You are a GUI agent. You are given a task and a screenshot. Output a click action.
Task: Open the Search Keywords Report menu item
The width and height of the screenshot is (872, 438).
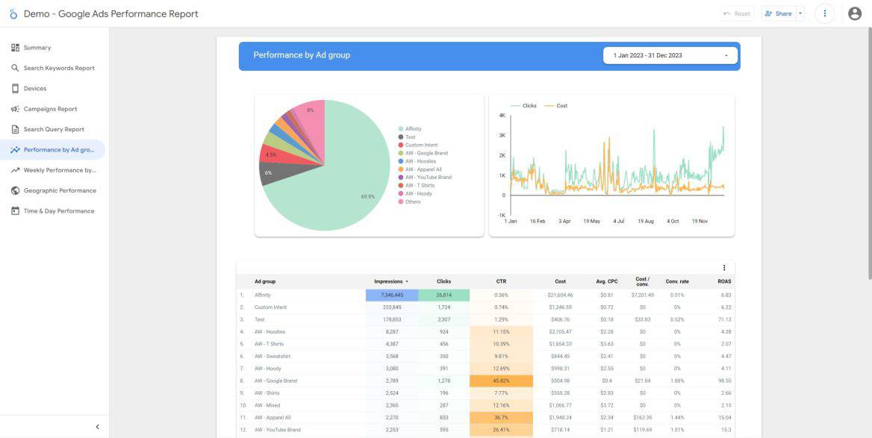coord(59,68)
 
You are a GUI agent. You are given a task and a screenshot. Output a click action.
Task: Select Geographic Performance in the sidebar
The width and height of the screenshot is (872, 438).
coord(60,190)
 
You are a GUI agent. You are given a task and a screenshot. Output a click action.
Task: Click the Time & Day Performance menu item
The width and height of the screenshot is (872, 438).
coord(59,211)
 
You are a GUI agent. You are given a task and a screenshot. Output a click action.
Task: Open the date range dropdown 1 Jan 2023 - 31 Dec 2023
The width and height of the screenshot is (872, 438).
coord(670,55)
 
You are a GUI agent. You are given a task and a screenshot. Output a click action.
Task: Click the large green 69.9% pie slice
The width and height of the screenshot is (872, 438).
coord(336,187)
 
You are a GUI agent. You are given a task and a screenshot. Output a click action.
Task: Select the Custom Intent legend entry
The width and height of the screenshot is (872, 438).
coord(421,145)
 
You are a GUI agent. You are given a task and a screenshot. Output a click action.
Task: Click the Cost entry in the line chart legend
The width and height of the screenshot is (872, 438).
coord(561,106)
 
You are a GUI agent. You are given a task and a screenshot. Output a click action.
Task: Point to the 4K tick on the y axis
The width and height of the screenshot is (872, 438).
coord(502,116)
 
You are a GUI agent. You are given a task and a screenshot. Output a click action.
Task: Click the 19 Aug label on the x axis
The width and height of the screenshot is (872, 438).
coord(645,222)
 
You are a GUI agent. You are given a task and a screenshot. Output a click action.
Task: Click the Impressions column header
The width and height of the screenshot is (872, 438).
coord(388,281)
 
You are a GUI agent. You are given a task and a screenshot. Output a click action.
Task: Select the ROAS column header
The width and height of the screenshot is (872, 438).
coord(723,281)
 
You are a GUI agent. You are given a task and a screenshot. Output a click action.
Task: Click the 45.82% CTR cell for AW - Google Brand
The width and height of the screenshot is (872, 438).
coord(501,381)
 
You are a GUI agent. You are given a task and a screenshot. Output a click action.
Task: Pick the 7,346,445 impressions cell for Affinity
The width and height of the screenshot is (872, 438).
coord(392,295)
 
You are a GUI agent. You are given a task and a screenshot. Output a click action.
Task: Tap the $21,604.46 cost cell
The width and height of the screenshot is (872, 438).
coord(559,295)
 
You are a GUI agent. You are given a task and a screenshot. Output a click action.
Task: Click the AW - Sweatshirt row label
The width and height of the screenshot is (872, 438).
coord(272,356)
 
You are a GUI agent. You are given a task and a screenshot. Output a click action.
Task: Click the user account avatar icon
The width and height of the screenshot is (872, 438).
coord(855,13)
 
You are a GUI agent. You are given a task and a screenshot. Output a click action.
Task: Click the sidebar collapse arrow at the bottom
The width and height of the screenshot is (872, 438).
coord(97,427)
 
